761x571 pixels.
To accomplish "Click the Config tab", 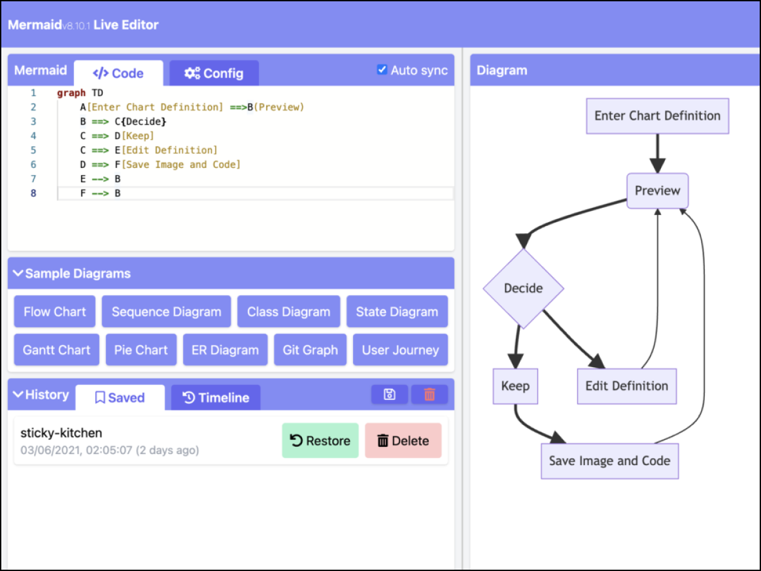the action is [214, 73].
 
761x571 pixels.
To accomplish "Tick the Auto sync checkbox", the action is [382, 70].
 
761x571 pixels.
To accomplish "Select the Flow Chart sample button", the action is [55, 312].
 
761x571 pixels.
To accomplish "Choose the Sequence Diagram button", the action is [167, 312].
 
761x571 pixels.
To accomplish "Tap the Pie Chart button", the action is [141, 350].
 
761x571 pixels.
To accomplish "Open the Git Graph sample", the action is [310, 350].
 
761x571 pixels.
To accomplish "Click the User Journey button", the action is [400, 350].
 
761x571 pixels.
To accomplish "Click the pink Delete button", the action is [403, 440].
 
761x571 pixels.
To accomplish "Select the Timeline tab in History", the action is [216, 398].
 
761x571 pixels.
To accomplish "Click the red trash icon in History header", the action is [430, 395].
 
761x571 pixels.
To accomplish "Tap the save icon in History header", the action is [389, 395].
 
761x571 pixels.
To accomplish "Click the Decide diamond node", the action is [523, 289].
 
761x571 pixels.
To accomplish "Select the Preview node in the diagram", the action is [658, 191].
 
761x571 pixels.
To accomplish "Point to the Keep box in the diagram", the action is [515, 386].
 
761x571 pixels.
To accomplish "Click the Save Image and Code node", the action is [609, 461].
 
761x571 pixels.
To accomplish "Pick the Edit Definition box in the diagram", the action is [626, 386].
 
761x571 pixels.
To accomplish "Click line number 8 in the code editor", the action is [33, 193].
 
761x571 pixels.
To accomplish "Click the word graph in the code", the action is [71, 93].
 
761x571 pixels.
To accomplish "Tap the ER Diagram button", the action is [225, 350].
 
